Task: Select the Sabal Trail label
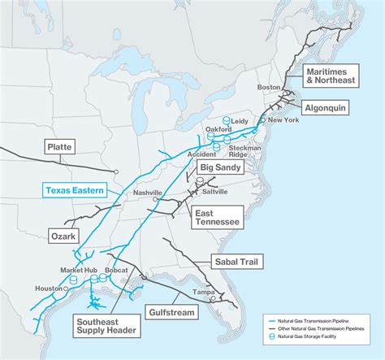tap(236, 262)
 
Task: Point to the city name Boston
tap(268, 87)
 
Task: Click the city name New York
tap(283, 120)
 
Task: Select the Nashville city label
tap(148, 193)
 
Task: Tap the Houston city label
tap(48, 288)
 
